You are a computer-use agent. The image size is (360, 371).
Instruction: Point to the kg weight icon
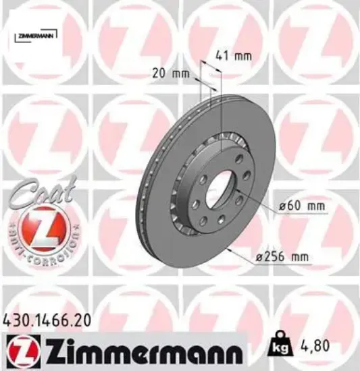(276, 348)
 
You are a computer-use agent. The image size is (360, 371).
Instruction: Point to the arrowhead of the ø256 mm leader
(230, 251)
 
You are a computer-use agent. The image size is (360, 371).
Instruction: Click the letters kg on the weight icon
(276, 351)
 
